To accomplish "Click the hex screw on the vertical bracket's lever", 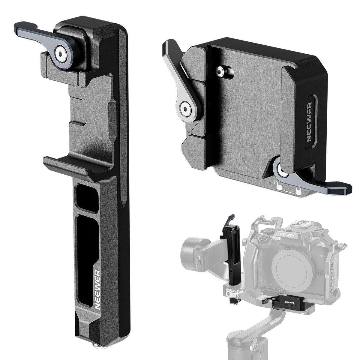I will (60, 51).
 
